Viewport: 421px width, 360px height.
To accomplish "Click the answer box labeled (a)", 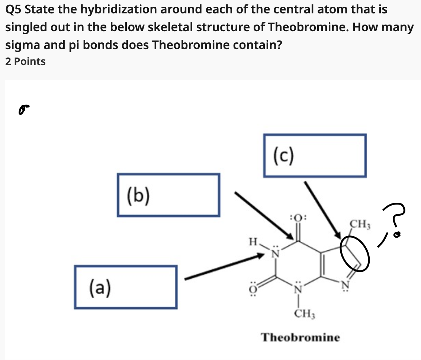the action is click(x=125, y=287).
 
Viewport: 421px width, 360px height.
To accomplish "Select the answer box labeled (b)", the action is click(x=168, y=195).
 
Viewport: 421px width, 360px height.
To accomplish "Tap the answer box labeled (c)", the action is click(x=315, y=155).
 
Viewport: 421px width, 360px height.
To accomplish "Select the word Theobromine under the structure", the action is click(x=300, y=338).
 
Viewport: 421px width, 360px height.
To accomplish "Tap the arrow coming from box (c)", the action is click(x=322, y=209).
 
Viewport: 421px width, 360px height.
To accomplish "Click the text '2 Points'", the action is click(x=26, y=61).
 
